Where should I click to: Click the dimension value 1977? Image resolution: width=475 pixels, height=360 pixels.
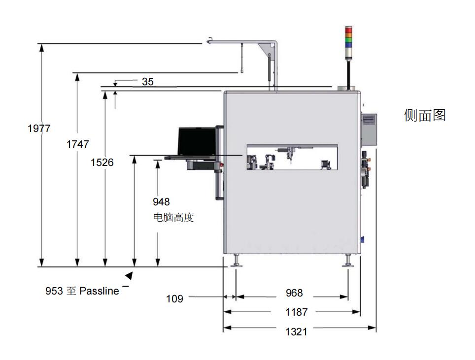pos(39,129)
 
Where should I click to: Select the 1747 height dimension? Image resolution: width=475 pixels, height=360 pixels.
pos(77,144)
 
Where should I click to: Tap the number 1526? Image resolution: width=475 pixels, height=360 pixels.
pos(102,162)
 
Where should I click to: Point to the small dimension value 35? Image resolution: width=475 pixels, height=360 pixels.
pos(148,82)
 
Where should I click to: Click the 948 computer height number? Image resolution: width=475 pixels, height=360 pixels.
pos(161,202)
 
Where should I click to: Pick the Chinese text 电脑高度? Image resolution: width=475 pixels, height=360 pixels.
pos(173,217)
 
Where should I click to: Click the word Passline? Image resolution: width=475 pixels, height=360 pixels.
pos(99,291)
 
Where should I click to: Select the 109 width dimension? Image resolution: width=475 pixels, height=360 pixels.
pos(174,298)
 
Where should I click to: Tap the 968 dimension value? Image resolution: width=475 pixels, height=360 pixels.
pos(294,294)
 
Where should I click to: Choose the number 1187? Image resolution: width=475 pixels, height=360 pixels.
pos(296,312)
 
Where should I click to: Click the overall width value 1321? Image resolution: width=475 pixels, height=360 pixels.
pos(296,331)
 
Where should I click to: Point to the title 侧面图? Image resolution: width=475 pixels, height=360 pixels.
pos(425,115)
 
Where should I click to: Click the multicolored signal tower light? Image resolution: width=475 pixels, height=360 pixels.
pos(348,36)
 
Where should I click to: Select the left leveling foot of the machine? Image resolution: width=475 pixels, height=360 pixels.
pos(237,261)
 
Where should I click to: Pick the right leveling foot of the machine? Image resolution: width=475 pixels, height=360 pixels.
pos(348,261)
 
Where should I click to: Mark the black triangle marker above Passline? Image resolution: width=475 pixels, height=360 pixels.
pos(130,276)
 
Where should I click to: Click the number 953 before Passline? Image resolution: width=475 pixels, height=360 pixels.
pos(54,291)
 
